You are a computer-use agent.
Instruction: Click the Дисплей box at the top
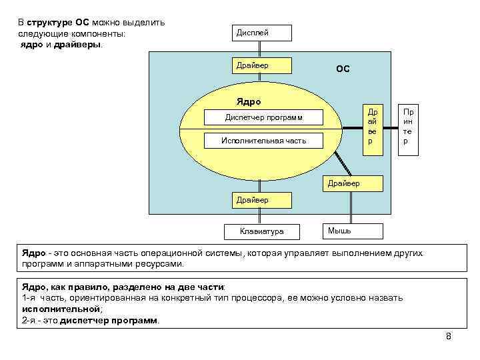pyautogui.click(x=261, y=33)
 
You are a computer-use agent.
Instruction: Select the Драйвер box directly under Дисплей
pyautogui.click(x=261, y=65)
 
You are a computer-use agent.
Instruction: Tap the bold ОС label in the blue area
pyautogui.click(x=343, y=69)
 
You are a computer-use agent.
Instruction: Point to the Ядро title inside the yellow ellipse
pyautogui.click(x=249, y=102)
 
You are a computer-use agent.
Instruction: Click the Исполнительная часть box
pyautogui.click(x=264, y=141)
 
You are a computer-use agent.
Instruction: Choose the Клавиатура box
pyautogui.click(x=262, y=231)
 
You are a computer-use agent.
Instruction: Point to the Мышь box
pyautogui.click(x=352, y=231)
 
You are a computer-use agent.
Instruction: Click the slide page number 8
pyautogui.click(x=448, y=336)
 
